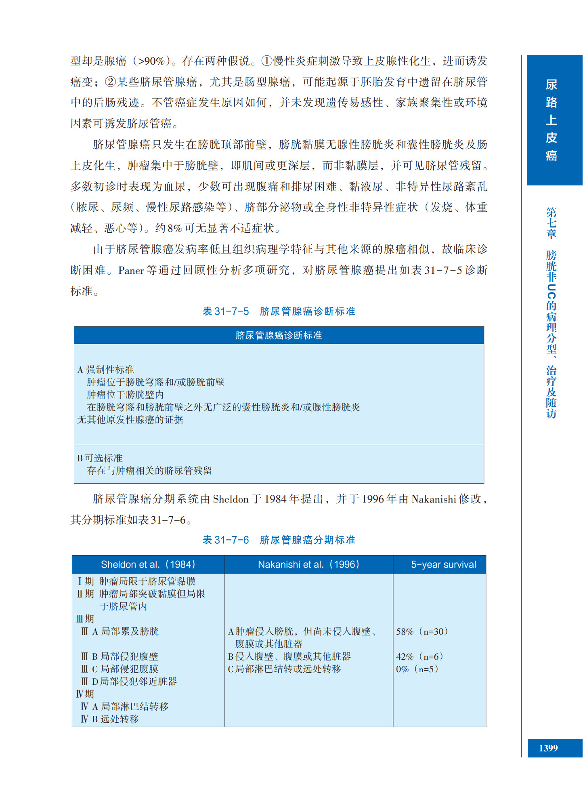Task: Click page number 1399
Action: click(x=548, y=748)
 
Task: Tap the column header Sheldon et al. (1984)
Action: click(x=148, y=564)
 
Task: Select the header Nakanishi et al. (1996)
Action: click(x=308, y=564)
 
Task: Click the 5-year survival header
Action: click(x=443, y=565)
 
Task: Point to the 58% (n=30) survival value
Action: click(x=422, y=632)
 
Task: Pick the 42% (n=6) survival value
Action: click(x=419, y=657)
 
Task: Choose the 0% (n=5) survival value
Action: click(x=417, y=669)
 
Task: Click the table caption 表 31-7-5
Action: click(x=225, y=311)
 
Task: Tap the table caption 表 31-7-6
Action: click(x=225, y=540)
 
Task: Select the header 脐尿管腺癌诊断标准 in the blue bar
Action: click(x=279, y=335)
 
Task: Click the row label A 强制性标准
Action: click(x=106, y=370)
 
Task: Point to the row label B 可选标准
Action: click(x=100, y=458)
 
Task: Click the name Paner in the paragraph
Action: click(x=131, y=271)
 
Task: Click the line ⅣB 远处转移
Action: click(x=110, y=719)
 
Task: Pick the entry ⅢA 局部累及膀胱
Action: click(x=120, y=632)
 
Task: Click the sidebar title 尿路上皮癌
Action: click(x=551, y=120)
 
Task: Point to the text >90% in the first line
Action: click(x=151, y=61)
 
